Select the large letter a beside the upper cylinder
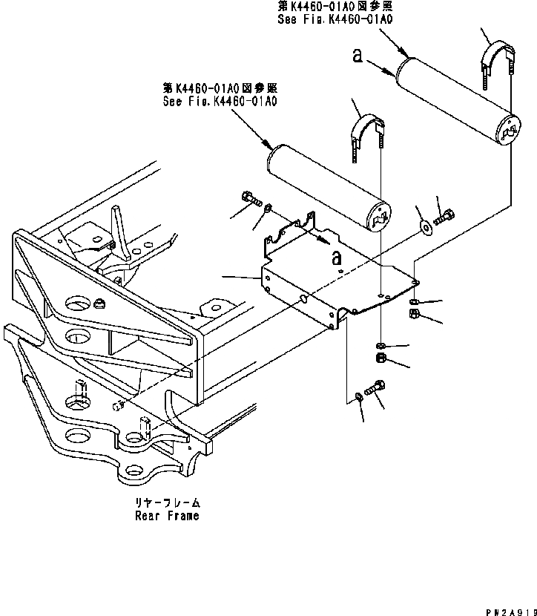[358, 57]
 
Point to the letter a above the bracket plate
[337, 257]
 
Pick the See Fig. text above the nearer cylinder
[220, 101]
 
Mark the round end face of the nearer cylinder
[379, 218]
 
